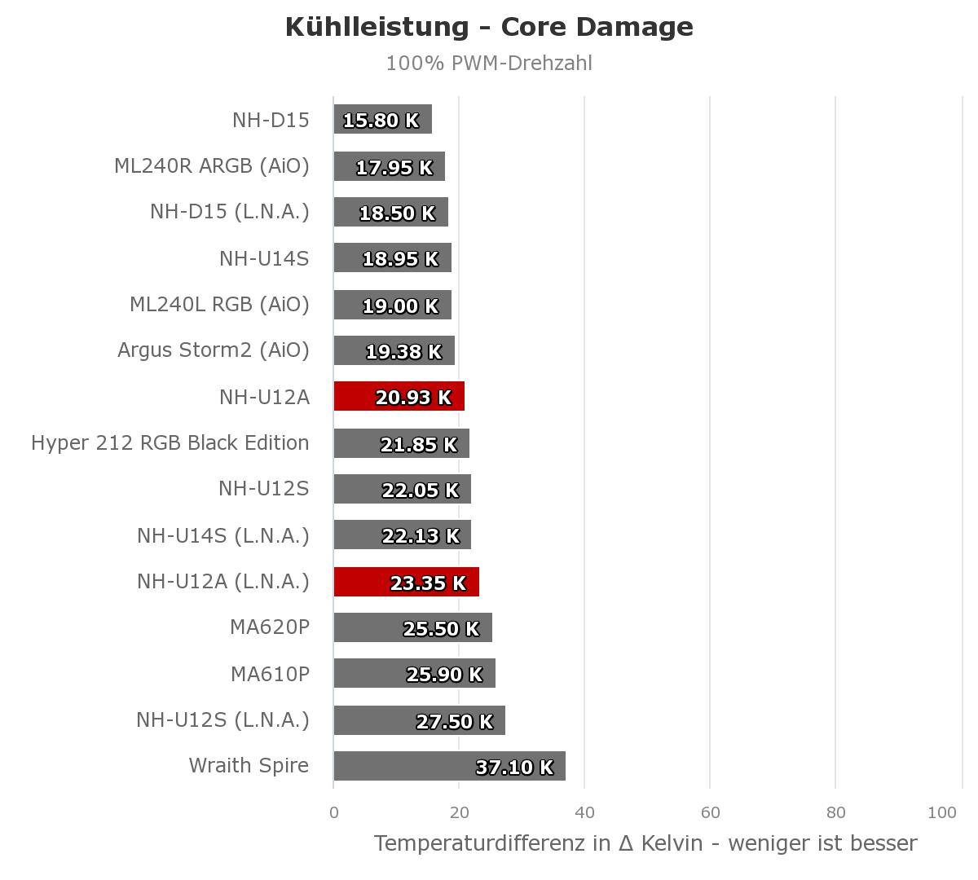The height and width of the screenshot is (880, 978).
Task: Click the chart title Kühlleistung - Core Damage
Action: pyautogui.click(x=489, y=27)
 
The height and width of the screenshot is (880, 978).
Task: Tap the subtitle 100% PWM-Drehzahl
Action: pyautogui.click(x=489, y=64)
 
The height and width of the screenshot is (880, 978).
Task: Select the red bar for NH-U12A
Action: pyautogui.click(x=399, y=396)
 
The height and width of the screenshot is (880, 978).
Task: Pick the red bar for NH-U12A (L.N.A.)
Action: pyautogui.click(x=406, y=582)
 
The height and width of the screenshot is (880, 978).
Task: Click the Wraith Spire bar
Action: pyautogui.click(x=450, y=766)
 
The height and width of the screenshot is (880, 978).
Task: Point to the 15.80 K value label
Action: pyautogui.click(x=381, y=121)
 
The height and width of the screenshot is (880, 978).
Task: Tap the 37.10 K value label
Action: pyautogui.click(x=514, y=768)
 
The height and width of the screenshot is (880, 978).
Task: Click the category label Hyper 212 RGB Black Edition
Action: pyautogui.click(x=170, y=443)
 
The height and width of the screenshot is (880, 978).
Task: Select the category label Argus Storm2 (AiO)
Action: pyautogui.click(x=213, y=350)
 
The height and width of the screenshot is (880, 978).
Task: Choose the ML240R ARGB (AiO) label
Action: pyautogui.click(x=212, y=166)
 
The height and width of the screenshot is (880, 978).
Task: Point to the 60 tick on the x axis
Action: pyautogui.click(x=711, y=812)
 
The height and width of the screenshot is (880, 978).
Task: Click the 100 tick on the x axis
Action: pyautogui.click(x=942, y=812)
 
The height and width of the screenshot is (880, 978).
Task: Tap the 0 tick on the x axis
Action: pyautogui.click(x=334, y=812)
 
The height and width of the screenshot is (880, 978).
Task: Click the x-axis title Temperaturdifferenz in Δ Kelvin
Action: pyautogui.click(x=538, y=844)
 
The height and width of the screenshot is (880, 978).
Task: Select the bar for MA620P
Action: pyautogui.click(x=413, y=627)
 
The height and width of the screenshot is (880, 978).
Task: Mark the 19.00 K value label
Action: pyautogui.click(x=400, y=306)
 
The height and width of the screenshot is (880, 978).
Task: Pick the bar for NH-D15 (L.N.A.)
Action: pyautogui.click(x=391, y=212)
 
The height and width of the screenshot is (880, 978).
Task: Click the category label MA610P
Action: pyautogui.click(x=270, y=675)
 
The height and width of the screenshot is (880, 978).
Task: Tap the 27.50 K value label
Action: pyautogui.click(x=455, y=722)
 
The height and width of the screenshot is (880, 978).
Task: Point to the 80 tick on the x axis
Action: pyautogui.click(x=835, y=812)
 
